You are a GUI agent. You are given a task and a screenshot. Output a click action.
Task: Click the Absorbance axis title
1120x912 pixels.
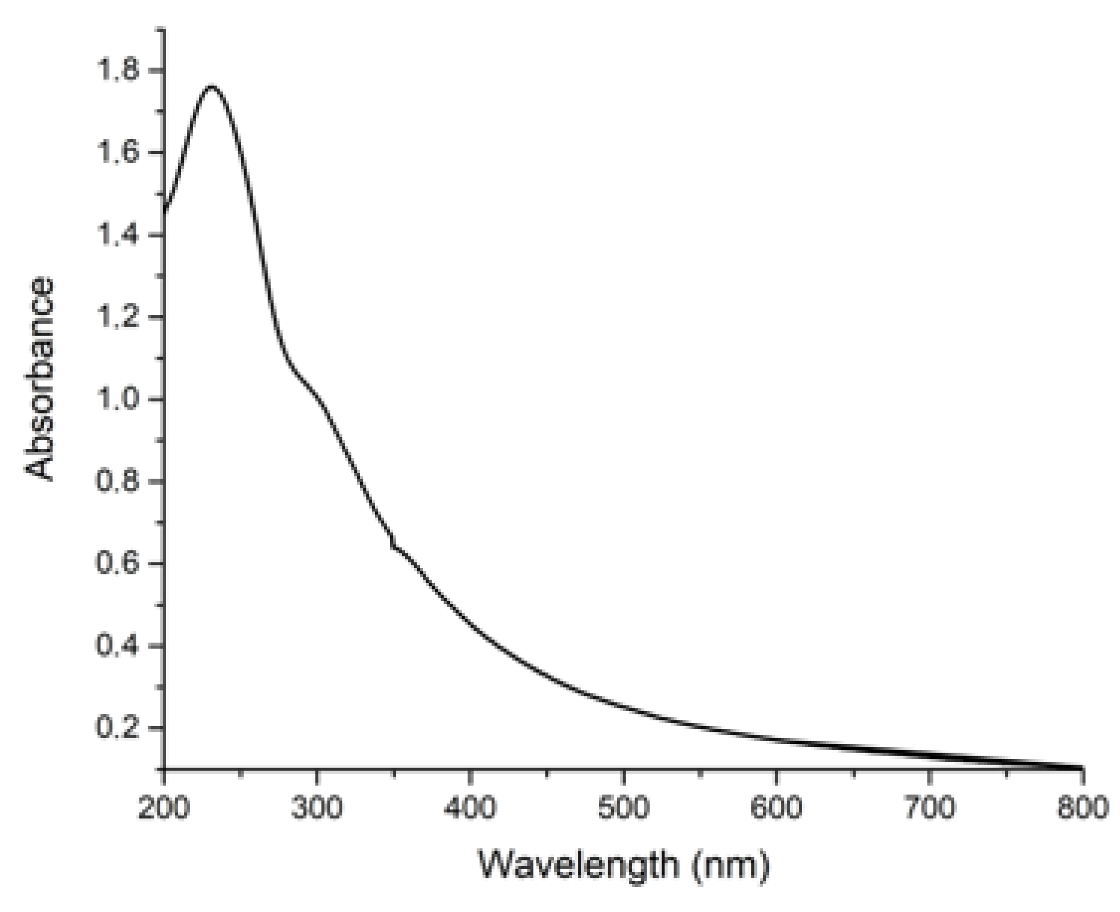pos(39,378)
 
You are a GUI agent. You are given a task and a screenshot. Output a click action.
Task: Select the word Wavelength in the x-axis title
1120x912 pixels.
pos(578,865)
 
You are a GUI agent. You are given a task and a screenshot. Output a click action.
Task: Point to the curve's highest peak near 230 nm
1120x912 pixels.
pos(212,86)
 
